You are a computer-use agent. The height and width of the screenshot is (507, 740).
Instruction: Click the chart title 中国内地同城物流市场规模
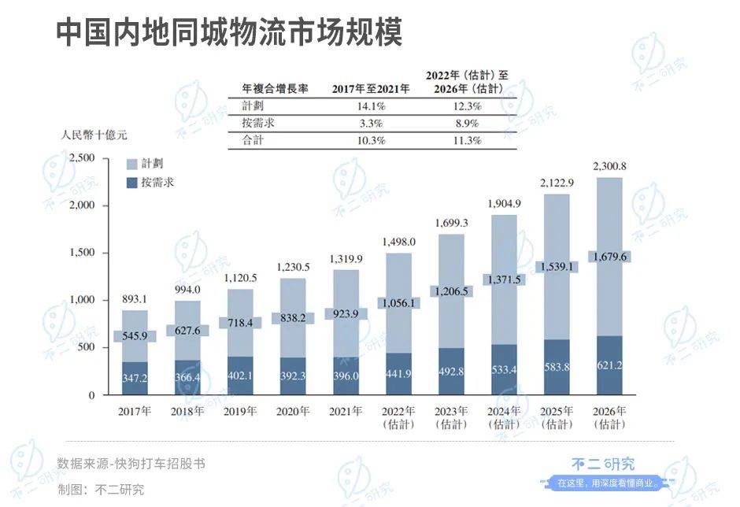coord(229,33)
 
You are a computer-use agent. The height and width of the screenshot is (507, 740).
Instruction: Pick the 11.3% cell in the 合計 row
coord(466,141)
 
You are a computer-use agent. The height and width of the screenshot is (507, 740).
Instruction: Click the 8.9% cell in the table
coord(466,124)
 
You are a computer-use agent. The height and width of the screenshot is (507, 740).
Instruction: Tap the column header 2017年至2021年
coord(371,88)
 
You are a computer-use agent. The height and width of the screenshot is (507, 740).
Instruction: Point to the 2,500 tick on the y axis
coord(82,158)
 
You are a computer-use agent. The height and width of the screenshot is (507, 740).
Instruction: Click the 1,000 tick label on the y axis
coord(82,300)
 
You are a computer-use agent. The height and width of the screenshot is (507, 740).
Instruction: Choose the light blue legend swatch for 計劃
coord(132,165)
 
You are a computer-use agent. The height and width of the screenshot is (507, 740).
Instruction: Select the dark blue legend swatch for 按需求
coord(132,183)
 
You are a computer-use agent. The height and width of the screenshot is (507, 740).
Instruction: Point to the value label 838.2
coord(293,317)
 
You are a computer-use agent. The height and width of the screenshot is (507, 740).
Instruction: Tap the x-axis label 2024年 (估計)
coord(504,418)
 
